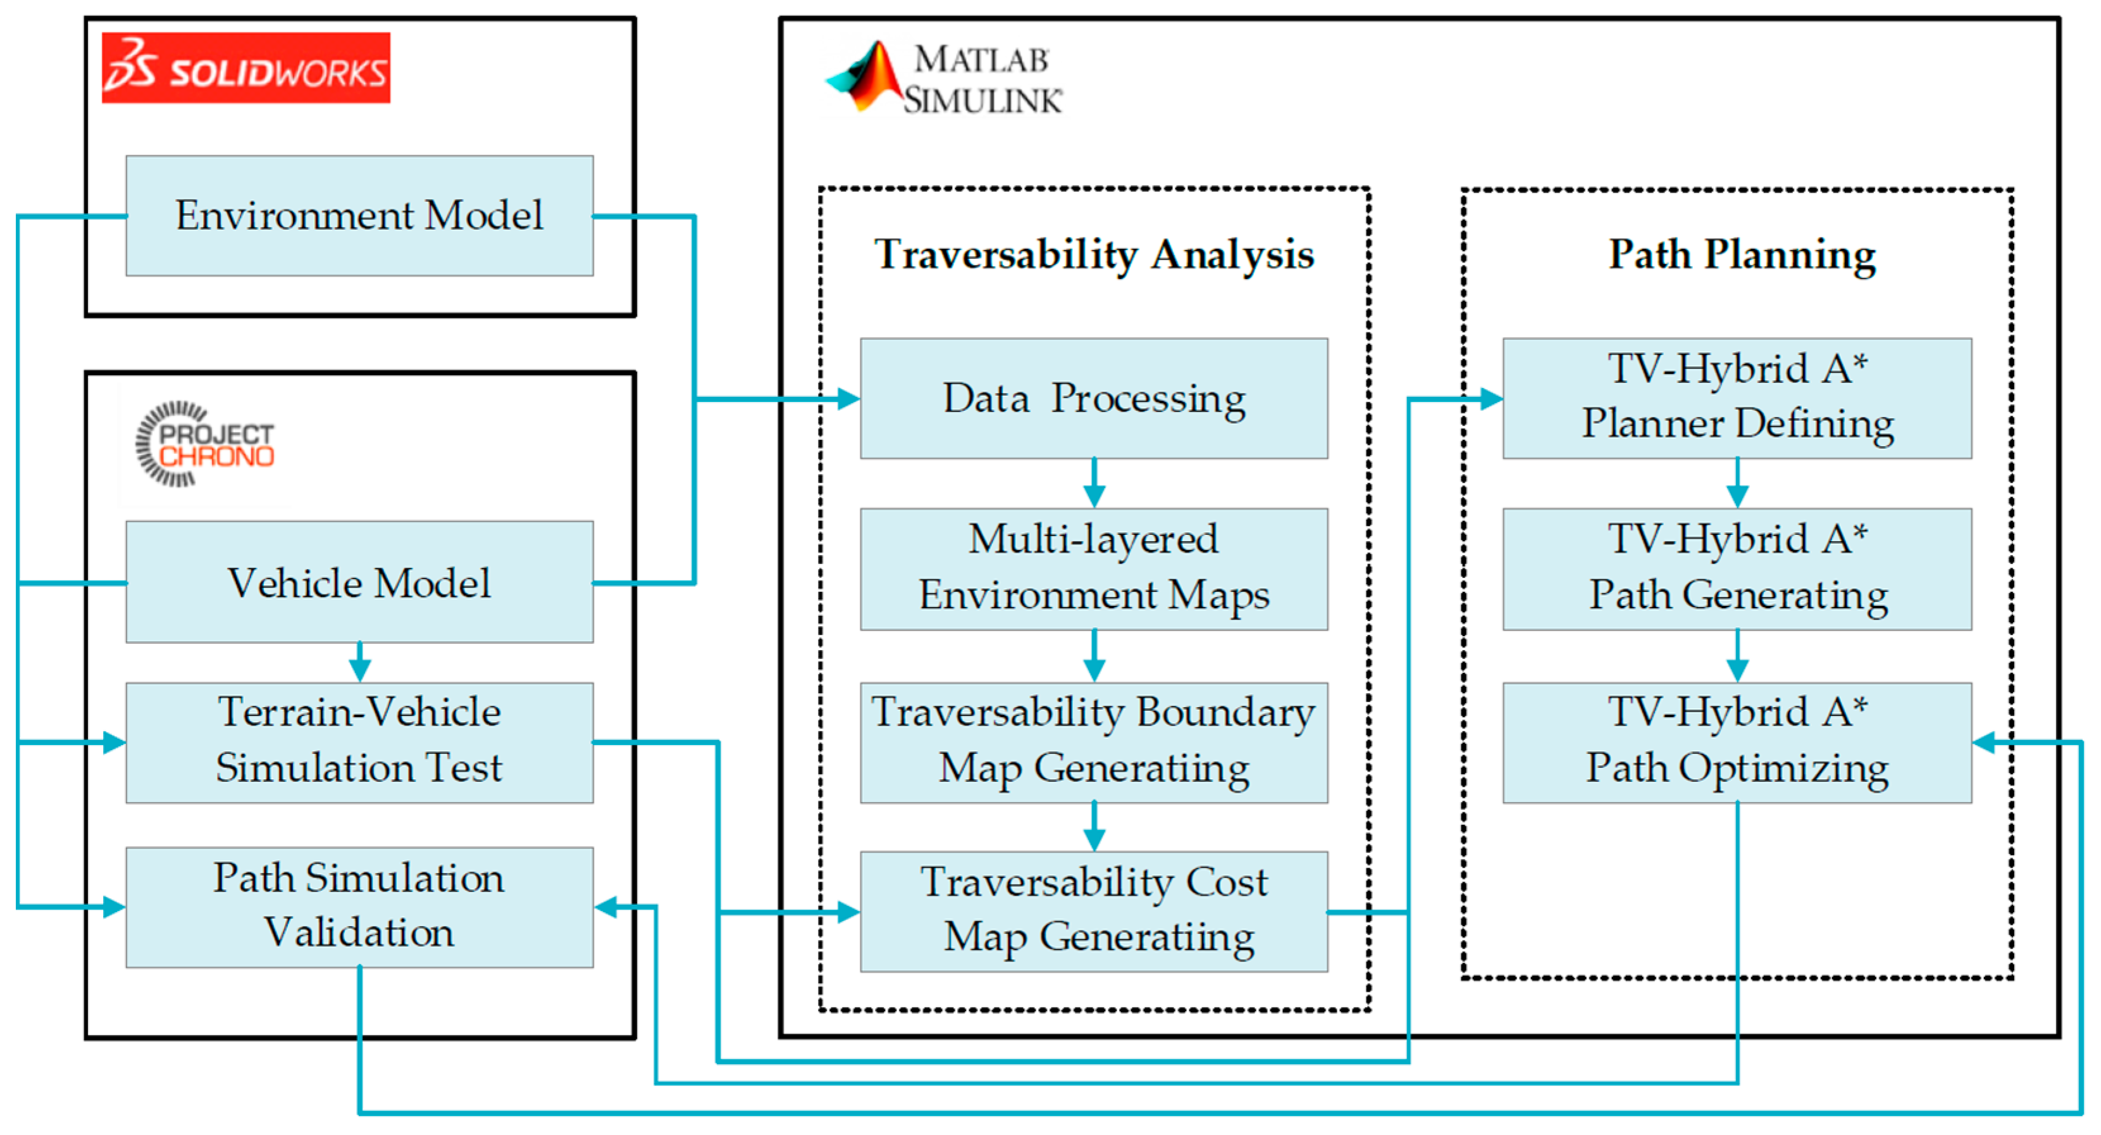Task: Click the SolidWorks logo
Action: [x=245, y=68]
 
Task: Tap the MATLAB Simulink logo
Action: [x=945, y=79]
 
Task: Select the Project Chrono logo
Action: [x=205, y=444]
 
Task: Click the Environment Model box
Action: [x=360, y=215]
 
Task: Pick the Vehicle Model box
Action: [x=360, y=582]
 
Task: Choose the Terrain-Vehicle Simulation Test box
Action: [x=360, y=743]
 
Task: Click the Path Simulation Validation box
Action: [x=360, y=907]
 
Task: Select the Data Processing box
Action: [x=1094, y=399]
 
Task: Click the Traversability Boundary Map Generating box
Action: [x=1094, y=743]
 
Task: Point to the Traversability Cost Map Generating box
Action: [x=1094, y=912]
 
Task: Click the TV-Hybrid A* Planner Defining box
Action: [x=1737, y=399]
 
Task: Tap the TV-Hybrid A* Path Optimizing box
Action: [x=1737, y=743]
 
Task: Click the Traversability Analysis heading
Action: [x=1094, y=254]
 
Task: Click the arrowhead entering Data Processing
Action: [x=849, y=399]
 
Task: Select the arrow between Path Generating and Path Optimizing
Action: [x=1737, y=656]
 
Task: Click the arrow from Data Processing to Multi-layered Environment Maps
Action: [x=1094, y=484]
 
